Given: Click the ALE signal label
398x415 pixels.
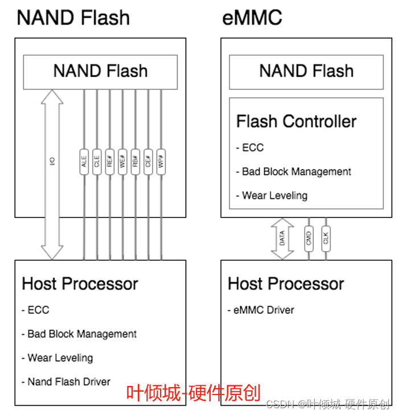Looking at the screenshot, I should pyautogui.click(x=84, y=162).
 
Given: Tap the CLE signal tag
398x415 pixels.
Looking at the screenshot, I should pyautogui.click(x=97, y=162).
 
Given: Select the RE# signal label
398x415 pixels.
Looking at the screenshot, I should pyautogui.click(x=110, y=162).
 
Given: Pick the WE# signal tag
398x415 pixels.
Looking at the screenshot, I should pyautogui.click(x=122, y=162).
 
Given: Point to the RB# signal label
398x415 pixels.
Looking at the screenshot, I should pyautogui.click(x=136, y=162).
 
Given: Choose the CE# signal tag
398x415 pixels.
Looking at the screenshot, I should pyautogui.click(x=148, y=162).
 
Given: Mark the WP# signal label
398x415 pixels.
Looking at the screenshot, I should pyautogui.click(x=161, y=162).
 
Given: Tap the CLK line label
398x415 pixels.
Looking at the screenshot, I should pyautogui.click(x=326, y=238).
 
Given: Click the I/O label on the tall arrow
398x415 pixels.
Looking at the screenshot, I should pyautogui.click(x=52, y=162).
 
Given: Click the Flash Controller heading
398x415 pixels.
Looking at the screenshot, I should pyautogui.click(x=296, y=121).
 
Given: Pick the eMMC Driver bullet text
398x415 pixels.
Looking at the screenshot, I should pyautogui.click(x=264, y=310).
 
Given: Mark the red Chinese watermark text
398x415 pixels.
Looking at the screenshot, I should pyautogui.click(x=193, y=393).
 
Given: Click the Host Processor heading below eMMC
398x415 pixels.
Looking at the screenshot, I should pyautogui.click(x=286, y=283).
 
